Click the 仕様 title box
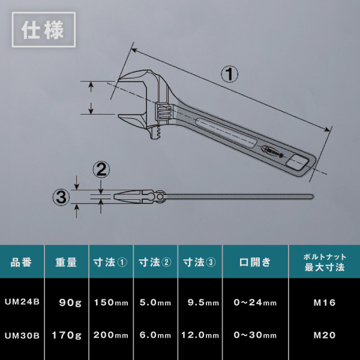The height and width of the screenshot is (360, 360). [44, 29]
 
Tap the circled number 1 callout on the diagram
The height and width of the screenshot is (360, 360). [229, 74]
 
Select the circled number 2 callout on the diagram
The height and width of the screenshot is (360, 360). [101, 170]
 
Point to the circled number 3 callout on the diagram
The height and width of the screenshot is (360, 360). [61, 197]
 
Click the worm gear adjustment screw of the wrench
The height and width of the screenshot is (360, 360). [164, 111]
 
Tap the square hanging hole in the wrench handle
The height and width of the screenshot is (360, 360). [298, 163]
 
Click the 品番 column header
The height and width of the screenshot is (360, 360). [21, 262]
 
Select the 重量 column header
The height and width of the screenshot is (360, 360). [66, 262]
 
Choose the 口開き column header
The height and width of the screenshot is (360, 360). [255, 262]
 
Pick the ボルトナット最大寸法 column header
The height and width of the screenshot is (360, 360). [325, 262]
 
